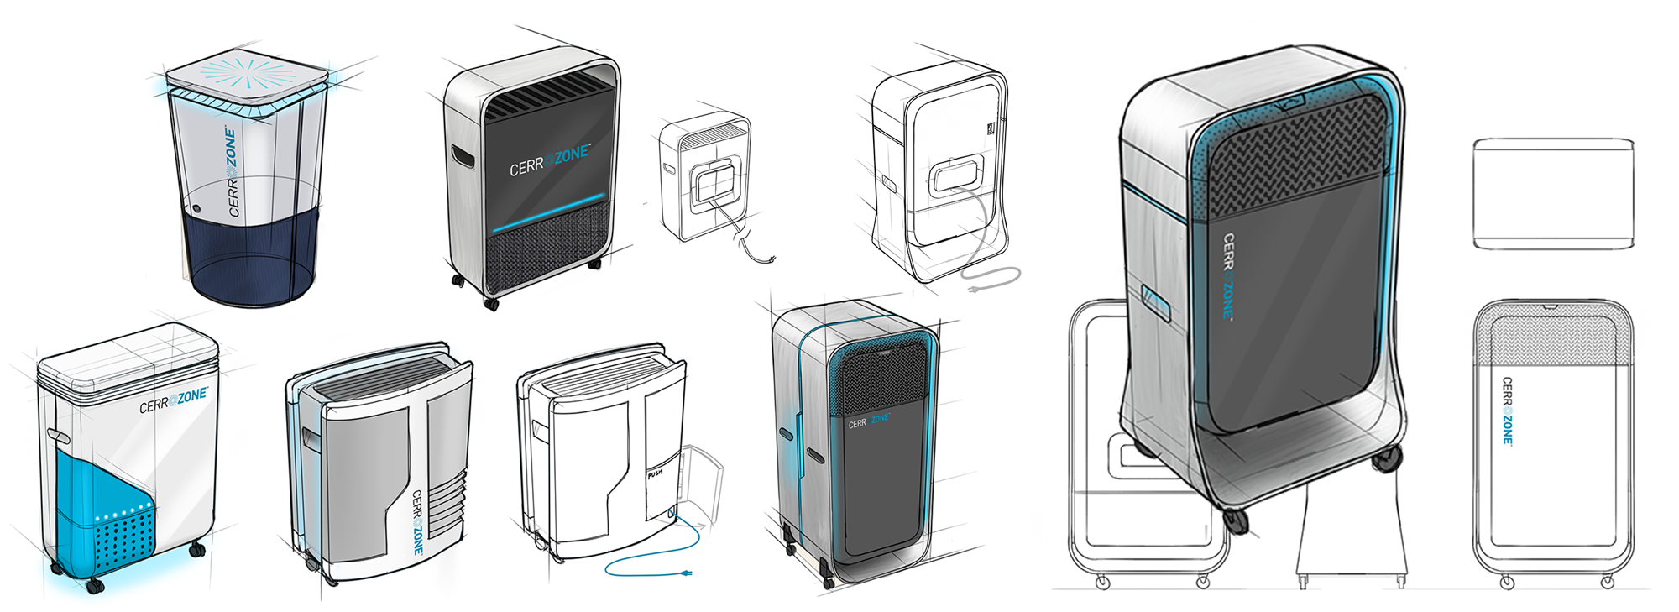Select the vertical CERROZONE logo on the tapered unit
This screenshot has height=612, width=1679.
click(x=232, y=172)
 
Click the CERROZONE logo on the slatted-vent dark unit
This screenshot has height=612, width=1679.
click(x=550, y=160)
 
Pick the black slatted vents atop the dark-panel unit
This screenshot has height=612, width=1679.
click(x=546, y=97)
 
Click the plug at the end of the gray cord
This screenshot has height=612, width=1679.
click(x=975, y=290)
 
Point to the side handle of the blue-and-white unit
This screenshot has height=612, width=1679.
click(x=59, y=436)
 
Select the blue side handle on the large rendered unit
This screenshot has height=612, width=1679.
click(x=1156, y=302)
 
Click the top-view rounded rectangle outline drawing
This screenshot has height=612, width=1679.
click(x=1553, y=194)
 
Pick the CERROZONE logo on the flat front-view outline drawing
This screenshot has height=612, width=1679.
click(x=1507, y=411)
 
